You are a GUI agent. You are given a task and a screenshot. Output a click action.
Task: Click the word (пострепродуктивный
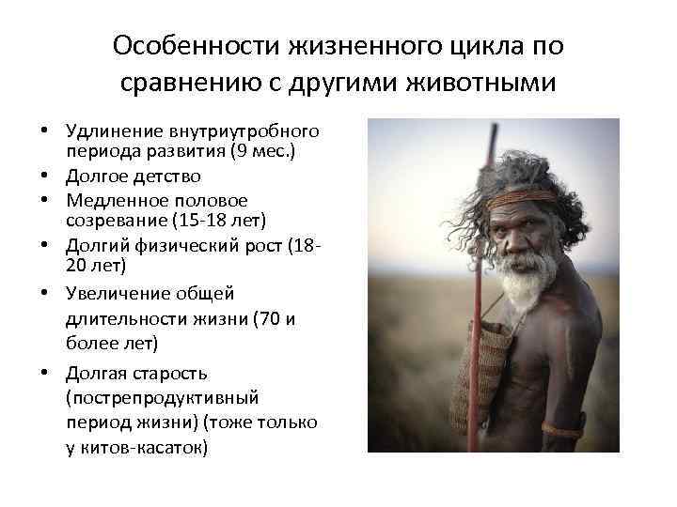click(x=162, y=397)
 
